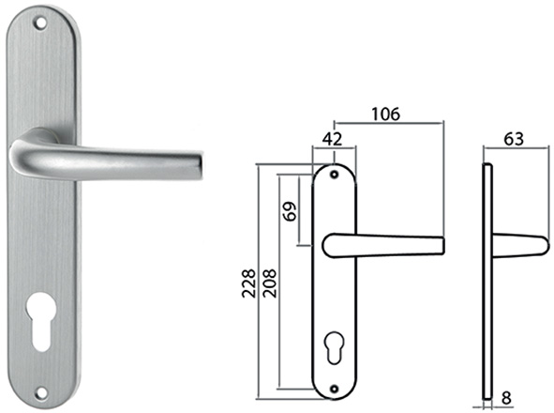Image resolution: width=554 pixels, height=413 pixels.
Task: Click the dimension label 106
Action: coord(386,114)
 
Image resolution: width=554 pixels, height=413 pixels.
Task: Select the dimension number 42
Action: coord(332,140)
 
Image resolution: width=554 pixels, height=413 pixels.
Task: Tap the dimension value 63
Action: coord(514,139)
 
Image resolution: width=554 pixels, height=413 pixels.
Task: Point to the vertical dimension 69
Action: coord(290,211)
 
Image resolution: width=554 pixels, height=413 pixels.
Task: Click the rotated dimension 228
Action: coord(248,283)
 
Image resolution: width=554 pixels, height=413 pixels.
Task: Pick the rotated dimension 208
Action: coord(270,283)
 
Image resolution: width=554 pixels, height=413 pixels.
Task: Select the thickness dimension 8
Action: coord(506,398)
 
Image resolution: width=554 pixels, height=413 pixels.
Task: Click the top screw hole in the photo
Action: coord(40,23)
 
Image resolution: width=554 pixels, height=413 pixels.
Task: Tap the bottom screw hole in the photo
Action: coord(41,392)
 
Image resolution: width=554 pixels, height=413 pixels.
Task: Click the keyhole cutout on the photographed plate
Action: coord(41,321)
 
